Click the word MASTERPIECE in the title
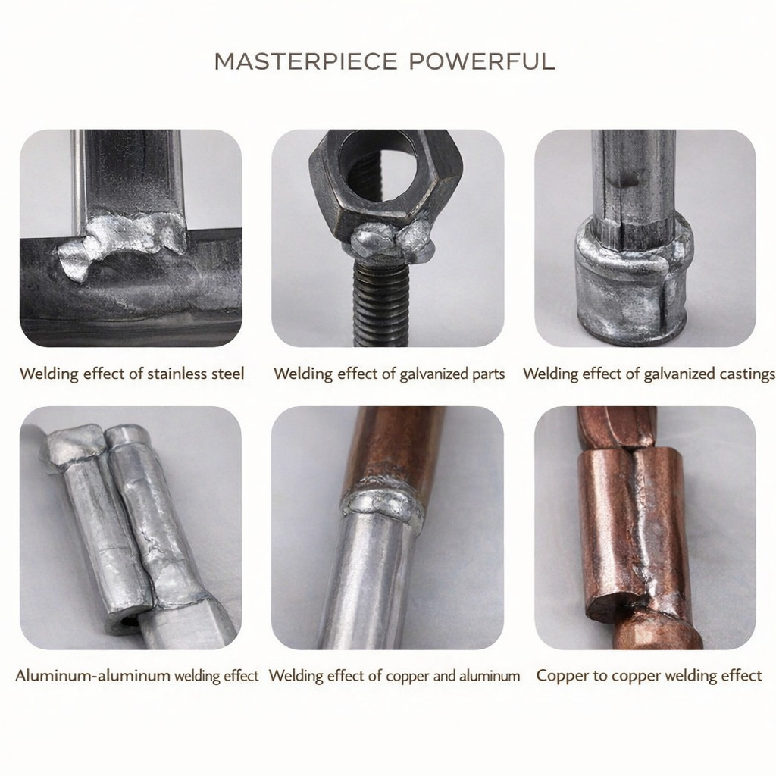point(306,61)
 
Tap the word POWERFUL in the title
point(482,61)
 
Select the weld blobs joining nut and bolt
point(392,241)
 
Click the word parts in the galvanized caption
point(488,374)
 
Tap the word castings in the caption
point(748,374)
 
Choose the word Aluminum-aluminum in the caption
point(93,675)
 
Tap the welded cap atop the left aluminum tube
point(74,446)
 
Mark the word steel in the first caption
point(228,373)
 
